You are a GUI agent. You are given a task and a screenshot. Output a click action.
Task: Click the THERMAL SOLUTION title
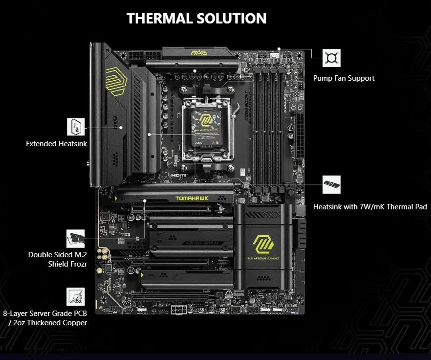(x=196, y=19)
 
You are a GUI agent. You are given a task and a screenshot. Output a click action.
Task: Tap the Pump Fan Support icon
(x=332, y=58)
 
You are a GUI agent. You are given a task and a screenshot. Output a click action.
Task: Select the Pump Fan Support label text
(x=344, y=78)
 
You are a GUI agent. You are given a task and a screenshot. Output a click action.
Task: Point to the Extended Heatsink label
(x=57, y=144)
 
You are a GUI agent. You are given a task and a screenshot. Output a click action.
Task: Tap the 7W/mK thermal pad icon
(x=332, y=184)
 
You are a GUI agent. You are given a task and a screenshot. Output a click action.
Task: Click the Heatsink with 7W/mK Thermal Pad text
(x=370, y=207)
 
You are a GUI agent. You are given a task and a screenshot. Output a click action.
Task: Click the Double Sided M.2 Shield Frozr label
(x=57, y=259)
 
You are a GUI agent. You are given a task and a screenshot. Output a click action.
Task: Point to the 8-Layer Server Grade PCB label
(x=45, y=318)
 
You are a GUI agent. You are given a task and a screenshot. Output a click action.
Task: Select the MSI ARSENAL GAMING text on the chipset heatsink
(x=263, y=259)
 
